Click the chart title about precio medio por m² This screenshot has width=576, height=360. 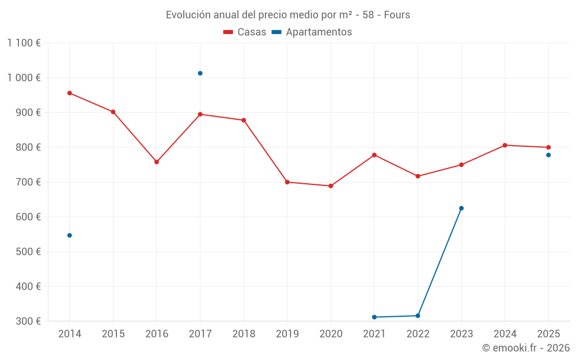[288, 15]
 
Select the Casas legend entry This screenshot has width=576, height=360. [245, 32]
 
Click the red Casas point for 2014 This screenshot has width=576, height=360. [70, 93]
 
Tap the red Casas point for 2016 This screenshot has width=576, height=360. [157, 162]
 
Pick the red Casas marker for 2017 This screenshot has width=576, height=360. [200, 114]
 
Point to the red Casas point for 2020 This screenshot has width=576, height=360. [331, 186]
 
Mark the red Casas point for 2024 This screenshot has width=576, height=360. [505, 145]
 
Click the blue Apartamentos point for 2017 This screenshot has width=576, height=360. [200, 73]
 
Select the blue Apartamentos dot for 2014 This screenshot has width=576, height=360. [70, 235]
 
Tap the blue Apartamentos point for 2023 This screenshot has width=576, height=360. [461, 208]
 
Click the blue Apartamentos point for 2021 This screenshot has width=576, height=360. [374, 317]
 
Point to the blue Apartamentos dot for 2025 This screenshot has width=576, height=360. [548, 155]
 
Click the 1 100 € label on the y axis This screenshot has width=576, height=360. [24, 43]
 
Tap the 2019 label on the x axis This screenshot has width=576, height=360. [287, 334]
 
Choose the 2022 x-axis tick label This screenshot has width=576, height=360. [418, 334]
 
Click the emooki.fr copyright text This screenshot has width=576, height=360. [525, 348]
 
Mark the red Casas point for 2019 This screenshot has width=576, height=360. [287, 182]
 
